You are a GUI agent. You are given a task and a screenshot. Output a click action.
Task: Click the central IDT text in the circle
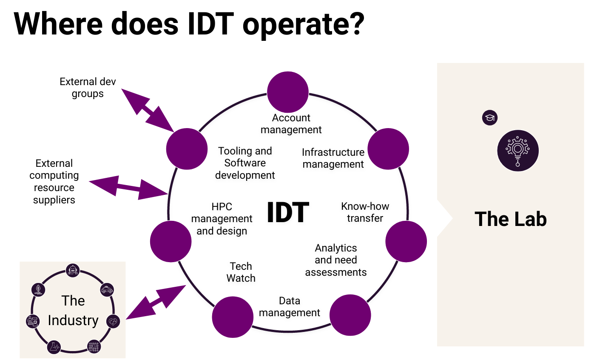click(x=288, y=212)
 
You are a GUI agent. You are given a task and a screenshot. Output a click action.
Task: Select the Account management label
click(x=291, y=124)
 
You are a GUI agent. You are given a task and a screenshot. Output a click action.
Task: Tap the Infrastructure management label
click(x=333, y=158)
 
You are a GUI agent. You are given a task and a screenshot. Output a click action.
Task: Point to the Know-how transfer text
click(x=365, y=212)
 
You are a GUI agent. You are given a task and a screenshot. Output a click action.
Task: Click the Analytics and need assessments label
click(x=335, y=260)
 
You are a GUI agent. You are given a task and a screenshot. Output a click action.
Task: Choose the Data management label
click(x=289, y=307)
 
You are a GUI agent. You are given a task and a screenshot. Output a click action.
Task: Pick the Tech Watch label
click(x=241, y=272)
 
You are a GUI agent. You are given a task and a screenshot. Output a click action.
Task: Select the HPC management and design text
click(x=222, y=219)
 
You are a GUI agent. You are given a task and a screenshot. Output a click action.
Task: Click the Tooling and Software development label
click(x=245, y=163)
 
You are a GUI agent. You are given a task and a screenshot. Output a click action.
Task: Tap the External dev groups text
click(x=88, y=88)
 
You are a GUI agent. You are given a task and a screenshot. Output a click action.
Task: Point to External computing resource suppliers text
click(x=54, y=182)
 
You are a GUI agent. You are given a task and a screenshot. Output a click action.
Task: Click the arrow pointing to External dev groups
click(x=147, y=110)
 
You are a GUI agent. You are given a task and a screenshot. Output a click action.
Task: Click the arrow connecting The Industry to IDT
click(x=156, y=302)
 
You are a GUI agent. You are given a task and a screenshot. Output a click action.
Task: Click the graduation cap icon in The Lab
click(x=490, y=118)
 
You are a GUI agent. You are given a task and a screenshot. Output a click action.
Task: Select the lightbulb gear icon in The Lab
click(x=518, y=151)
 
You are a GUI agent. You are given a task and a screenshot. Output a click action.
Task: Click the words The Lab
click(x=510, y=219)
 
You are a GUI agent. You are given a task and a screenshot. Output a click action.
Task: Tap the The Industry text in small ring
click(x=73, y=311)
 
